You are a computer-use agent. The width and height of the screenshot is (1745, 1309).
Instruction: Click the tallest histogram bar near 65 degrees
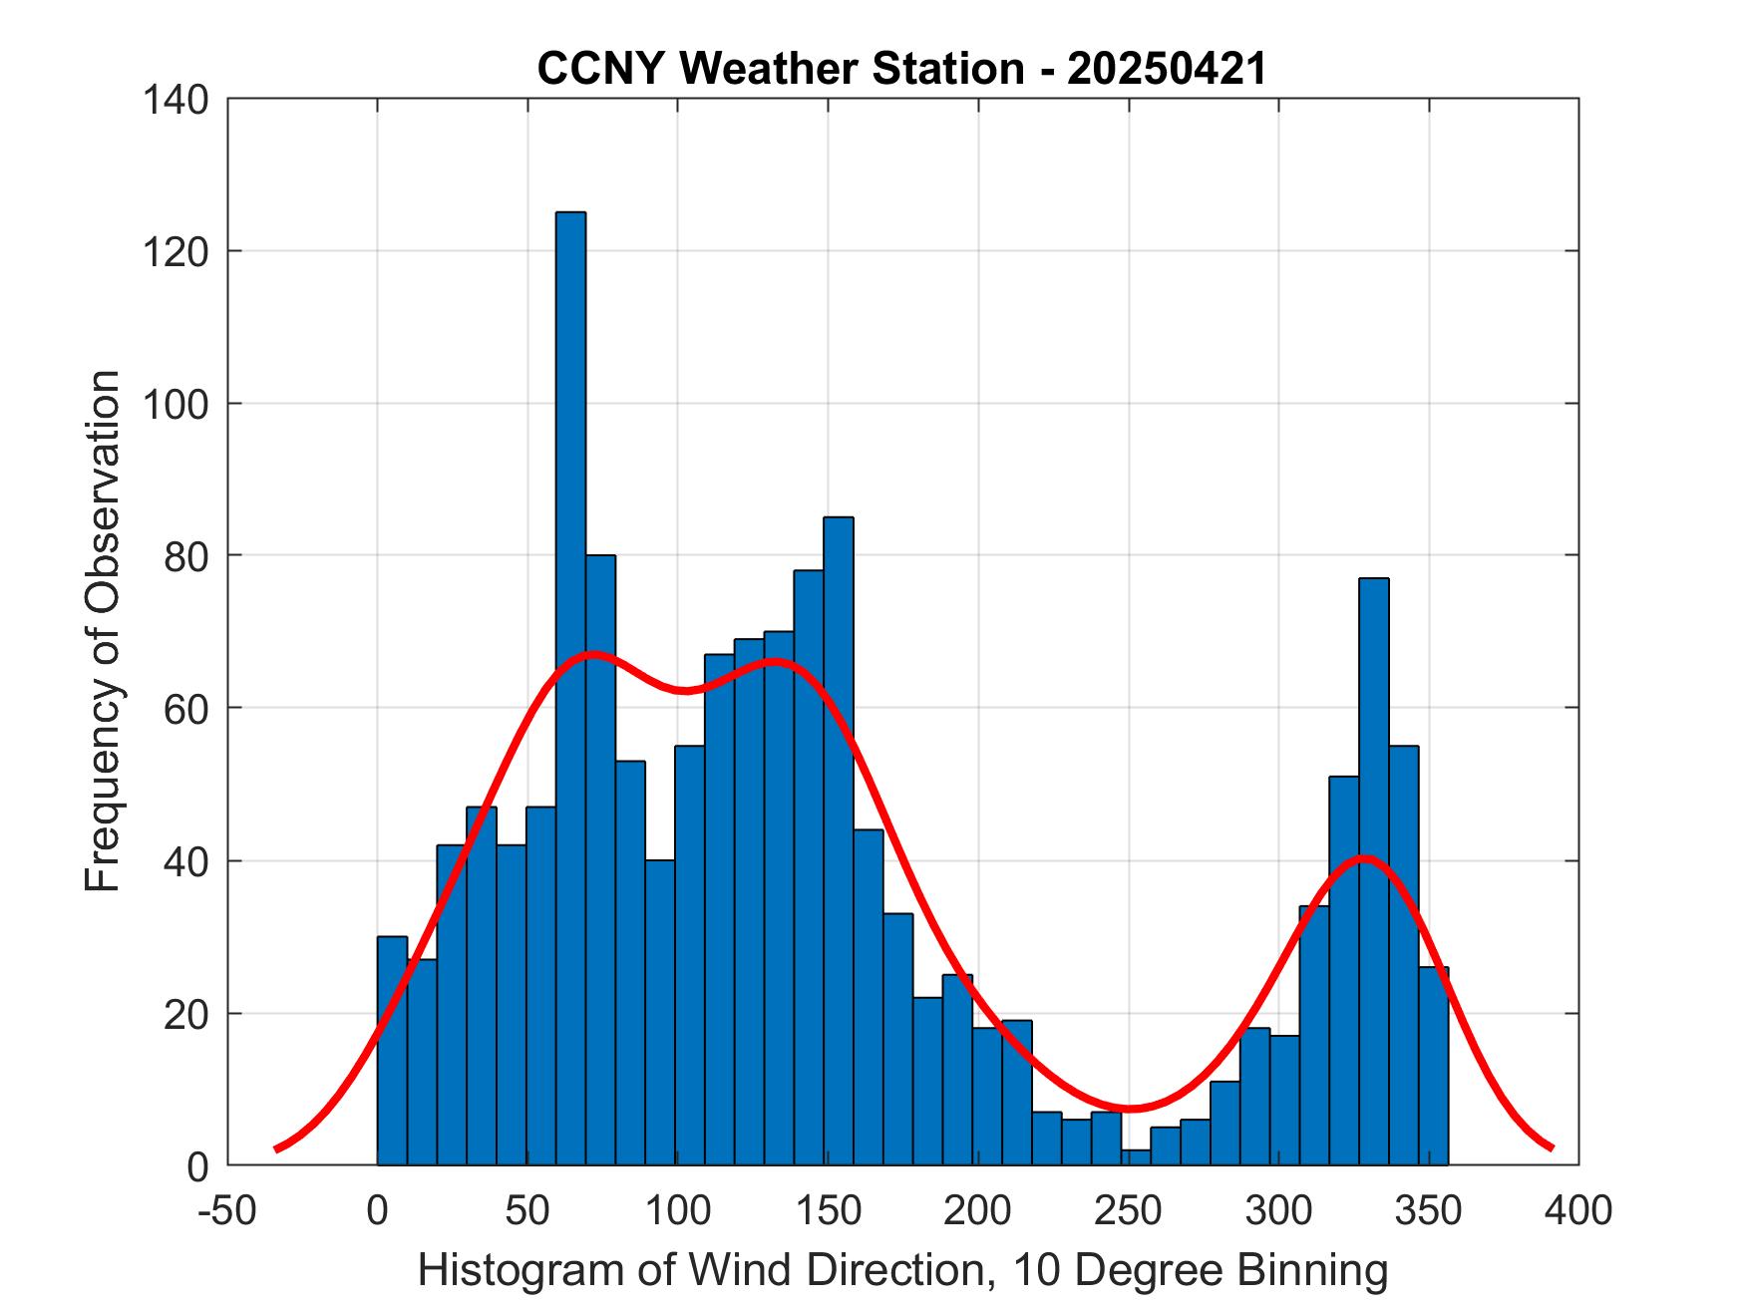(570, 688)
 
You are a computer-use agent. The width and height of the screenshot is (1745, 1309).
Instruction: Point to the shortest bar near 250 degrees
(1135, 1156)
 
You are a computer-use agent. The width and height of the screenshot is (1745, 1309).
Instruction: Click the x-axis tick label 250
(1129, 1210)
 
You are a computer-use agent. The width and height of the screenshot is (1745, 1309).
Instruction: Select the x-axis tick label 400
(1578, 1210)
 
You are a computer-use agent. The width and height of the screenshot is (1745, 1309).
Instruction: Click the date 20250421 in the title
(1167, 69)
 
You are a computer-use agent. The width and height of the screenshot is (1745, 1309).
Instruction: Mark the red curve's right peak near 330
(1364, 857)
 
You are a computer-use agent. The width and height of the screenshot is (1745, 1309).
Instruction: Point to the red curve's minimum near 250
(1131, 1108)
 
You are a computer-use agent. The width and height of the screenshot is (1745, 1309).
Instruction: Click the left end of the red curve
(277, 1148)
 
